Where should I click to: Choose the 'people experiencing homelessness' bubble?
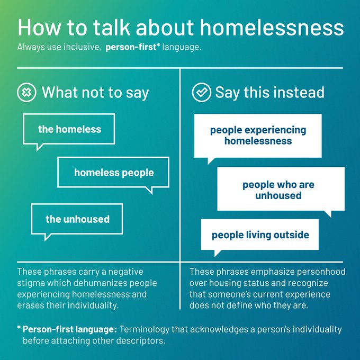(x=258, y=136)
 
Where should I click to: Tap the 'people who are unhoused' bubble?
(x=281, y=189)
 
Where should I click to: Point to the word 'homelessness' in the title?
(x=272, y=28)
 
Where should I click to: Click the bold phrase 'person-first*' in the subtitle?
(x=133, y=47)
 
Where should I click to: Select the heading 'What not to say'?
(x=95, y=93)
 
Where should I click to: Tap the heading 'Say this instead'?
(x=270, y=92)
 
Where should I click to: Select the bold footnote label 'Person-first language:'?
(x=70, y=329)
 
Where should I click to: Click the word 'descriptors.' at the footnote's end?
(x=140, y=341)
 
